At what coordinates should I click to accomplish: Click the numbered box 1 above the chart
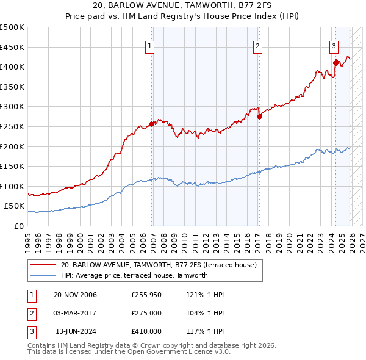[x=149, y=45]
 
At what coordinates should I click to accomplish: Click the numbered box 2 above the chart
[x=258, y=45]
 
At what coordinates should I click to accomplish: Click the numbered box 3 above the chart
[x=334, y=45]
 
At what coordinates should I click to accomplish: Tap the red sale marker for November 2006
[x=152, y=124]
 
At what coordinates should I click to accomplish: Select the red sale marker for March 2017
[x=259, y=117]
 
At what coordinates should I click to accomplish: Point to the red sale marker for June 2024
[x=335, y=62]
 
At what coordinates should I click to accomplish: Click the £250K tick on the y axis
[x=12, y=126]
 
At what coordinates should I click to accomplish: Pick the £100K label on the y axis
[x=12, y=186]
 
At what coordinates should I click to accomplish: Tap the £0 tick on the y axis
[x=18, y=226]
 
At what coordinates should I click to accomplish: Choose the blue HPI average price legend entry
[x=134, y=275]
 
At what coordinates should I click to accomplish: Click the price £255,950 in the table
[x=146, y=295]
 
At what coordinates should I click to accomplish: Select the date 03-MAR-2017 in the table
[x=75, y=313]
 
